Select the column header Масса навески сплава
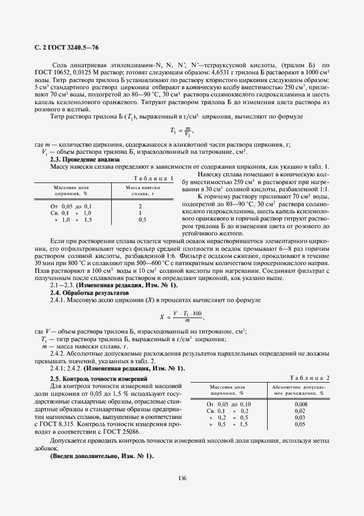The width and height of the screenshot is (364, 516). [x=140, y=191]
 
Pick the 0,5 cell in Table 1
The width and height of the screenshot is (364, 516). [x=142, y=219]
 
